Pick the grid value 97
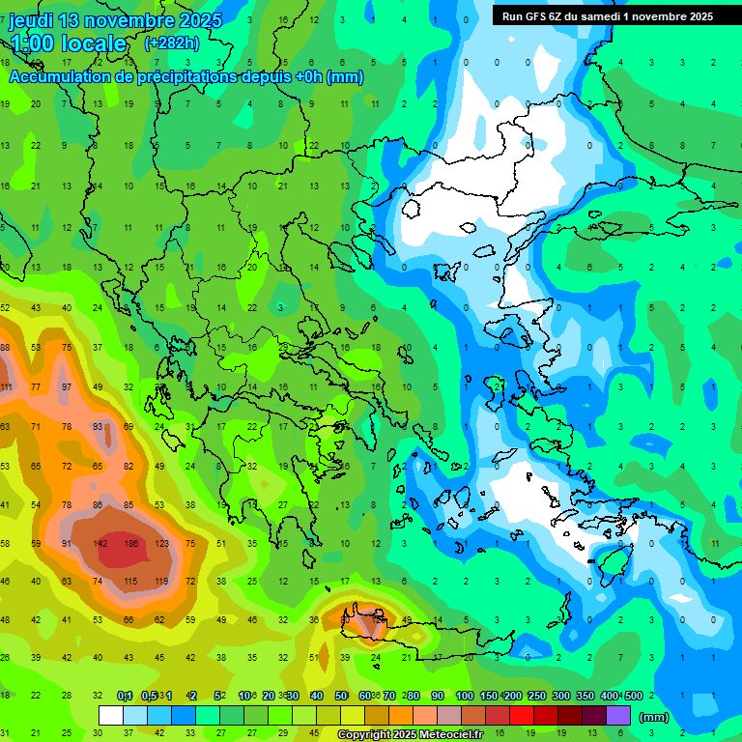coord(67,387)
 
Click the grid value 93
coord(98,426)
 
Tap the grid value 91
coord(67,544)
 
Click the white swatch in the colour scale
coord(111,716)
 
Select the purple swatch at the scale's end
coord(618,716)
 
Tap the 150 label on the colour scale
coord(488,696)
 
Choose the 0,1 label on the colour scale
coord(125,696)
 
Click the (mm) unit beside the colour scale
coord(654,717)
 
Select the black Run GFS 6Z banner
coord(607,16)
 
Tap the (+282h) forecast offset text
coord(172,43)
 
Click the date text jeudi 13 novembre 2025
coord(115,20)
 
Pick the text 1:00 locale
coord(69,43)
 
